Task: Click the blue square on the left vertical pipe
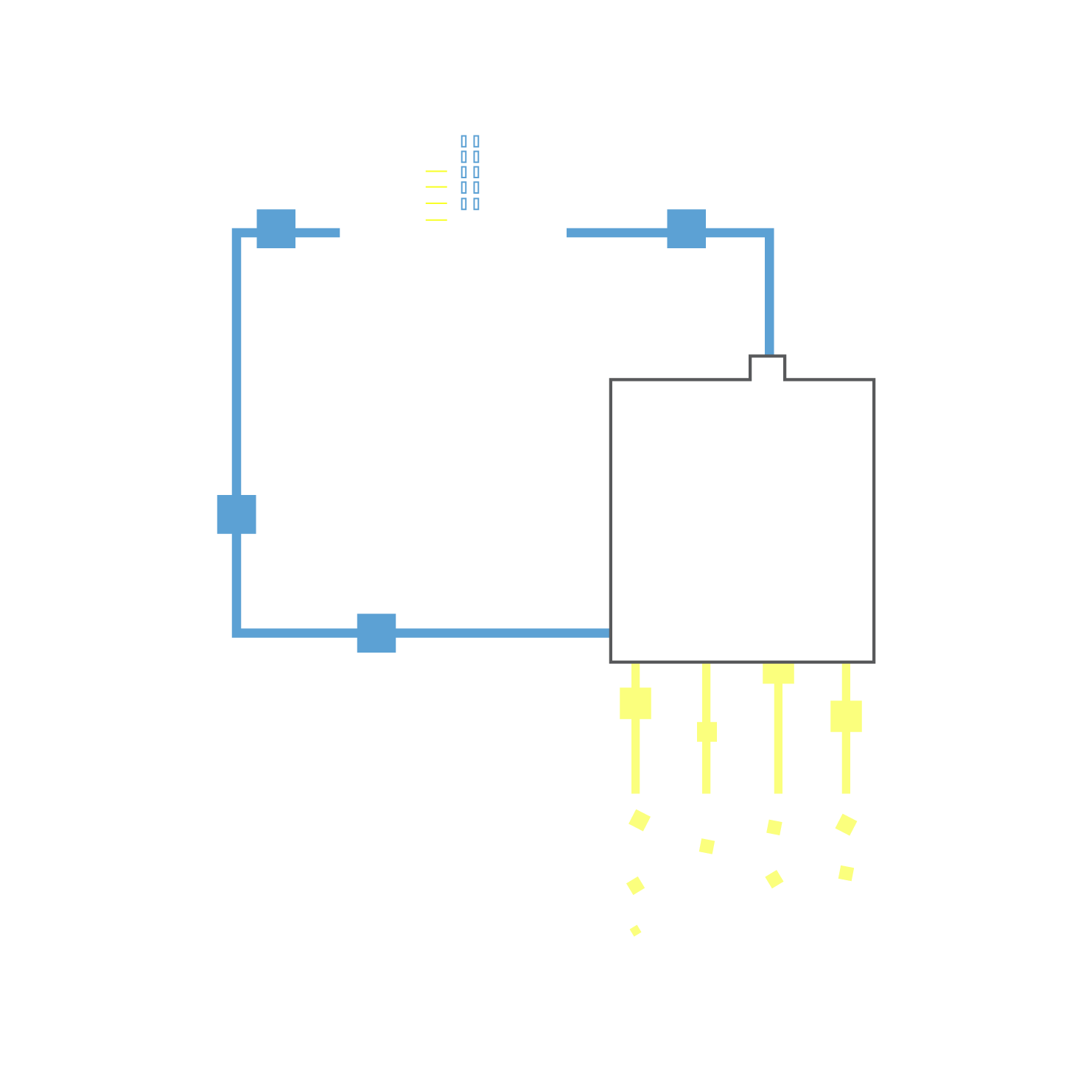[237, 514]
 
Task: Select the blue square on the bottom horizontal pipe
[377, 633]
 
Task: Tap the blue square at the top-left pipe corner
[276, 228]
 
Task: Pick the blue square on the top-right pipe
[686, 228]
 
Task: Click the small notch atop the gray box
[768, 368]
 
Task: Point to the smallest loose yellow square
[636, 931]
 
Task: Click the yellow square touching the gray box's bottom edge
[778, 673]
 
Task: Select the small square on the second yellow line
[707, 731]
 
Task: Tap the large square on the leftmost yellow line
[635, 703]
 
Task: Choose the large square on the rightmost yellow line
[846, 716]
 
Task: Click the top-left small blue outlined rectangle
[463, 141]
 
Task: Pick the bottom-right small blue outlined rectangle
[477, 204]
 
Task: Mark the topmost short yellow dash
[436, 171]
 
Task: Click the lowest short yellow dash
[436, 220]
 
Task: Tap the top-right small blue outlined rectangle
[477, 141]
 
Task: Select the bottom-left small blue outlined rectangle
[463, 204]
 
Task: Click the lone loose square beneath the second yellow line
[707, 846]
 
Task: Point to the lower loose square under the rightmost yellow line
[846, 873]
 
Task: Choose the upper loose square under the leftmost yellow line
[640, 820]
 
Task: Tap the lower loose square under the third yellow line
[774, 879]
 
